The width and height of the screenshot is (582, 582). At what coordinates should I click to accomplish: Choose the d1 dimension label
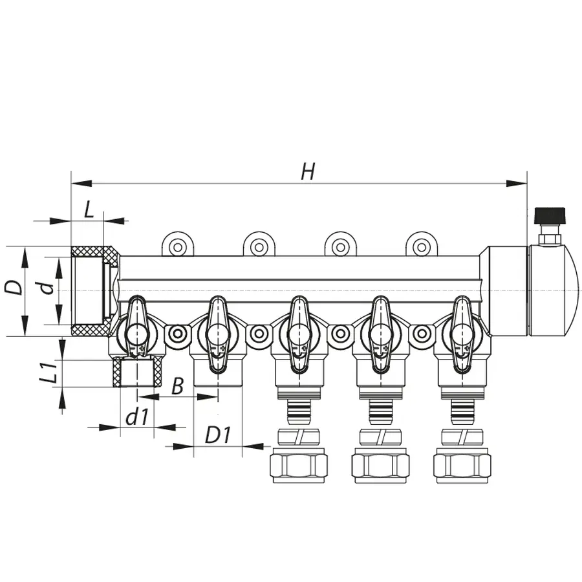click(x=136, y=418)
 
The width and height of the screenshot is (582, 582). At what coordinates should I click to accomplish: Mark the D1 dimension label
click(x=218, y=435)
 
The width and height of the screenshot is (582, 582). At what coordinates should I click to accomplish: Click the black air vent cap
click(x=549, y=214)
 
